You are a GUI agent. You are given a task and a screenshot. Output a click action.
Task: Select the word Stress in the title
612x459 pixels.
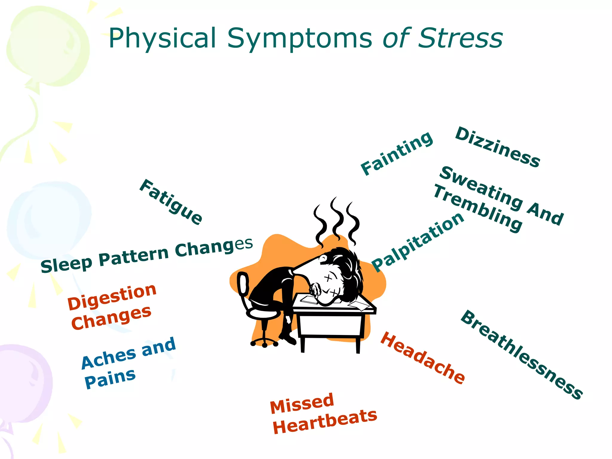(460, 38)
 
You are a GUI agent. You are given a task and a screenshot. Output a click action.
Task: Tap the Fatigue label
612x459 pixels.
(171, 202)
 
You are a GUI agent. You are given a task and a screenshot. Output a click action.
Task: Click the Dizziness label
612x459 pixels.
(498, 147)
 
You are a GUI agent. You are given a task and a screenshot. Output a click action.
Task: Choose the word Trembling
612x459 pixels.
(478, 208)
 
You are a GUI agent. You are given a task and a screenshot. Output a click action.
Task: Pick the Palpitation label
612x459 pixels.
(418, 242)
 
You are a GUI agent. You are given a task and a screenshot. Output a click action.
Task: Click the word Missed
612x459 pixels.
(302, 404)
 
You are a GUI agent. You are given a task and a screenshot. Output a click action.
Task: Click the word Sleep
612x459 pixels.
(66, 264)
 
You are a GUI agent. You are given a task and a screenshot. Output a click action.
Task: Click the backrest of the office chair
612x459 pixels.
(243, 284)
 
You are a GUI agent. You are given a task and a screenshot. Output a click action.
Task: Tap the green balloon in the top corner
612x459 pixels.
(48, 48)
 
